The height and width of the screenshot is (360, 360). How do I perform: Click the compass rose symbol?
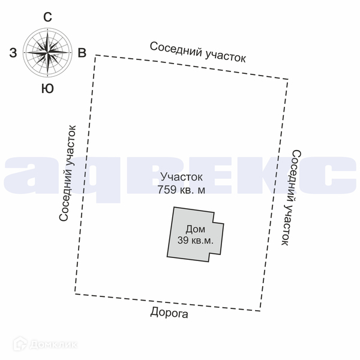(x=47, y=52)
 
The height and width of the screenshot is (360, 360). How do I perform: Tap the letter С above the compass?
(x=47, y=17)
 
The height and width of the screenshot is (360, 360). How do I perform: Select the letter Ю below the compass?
(x=47, y=89)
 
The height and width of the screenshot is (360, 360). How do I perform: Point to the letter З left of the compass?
(x=13, y=53)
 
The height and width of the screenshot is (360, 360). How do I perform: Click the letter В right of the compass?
(x=82, y=53)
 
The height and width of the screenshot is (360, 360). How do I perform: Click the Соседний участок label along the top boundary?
(x=198, y=52)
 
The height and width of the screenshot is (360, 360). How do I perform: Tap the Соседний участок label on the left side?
(x=67, y=173)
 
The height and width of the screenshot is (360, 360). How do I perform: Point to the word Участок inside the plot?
(x=182, y=177)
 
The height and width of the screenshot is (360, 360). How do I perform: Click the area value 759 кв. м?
(x=181, y=191)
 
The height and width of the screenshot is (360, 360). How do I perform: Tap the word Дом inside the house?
(x=195, y=229)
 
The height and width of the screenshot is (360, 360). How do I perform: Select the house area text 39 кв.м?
(x=196, y=240)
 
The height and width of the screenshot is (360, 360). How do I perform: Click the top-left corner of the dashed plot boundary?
(x=96, y=55)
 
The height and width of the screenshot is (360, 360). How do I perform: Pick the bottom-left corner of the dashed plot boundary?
(x=75, y=293)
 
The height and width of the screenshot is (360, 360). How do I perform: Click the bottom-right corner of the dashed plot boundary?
(x=260, y=310)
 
